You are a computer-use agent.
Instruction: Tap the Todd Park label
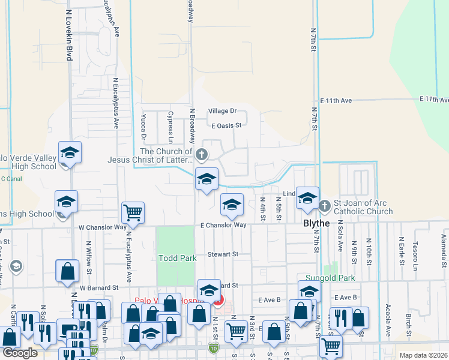pyautogui.click(x=178, y=258)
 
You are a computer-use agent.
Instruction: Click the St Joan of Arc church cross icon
pyautogui.click(x=325, y=206)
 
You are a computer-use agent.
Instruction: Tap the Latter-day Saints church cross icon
pyautogui.click(x=202, y=155)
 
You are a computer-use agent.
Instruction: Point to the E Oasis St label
pyautogui.click(x=226, y=125)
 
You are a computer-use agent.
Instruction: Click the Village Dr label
pyautogui.click(x=223, y=111)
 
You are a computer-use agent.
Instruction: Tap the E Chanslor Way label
pyautogui.click(x=223, y=225)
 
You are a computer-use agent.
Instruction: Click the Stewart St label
pyautogui.click(x=223, y=254)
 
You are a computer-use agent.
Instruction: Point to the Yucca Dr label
pyautogui.click(x=143, y=124)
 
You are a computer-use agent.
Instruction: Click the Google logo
pyautogui.click(x=20, y=353)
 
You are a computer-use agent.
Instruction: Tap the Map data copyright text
pyautogui.click(x=423, y=355)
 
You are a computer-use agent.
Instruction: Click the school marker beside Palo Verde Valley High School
pyautogui.click(x=70, y=153)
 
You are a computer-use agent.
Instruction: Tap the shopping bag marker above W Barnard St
pyautogui.click(x=67, y=271)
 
